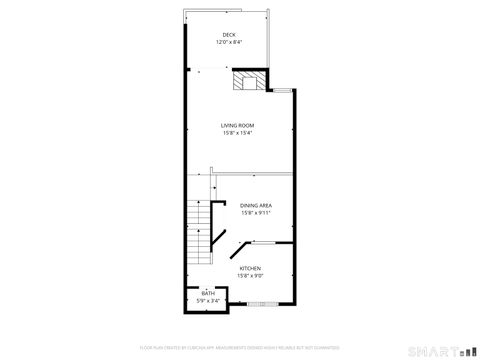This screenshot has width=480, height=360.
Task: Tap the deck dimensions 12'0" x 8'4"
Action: [229, 43]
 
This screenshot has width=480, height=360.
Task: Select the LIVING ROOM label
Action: [237, 125]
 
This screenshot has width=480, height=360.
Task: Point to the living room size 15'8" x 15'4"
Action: [237, 132]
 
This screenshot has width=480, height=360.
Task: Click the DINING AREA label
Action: [256, 205]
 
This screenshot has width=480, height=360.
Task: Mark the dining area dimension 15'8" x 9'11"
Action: [256, 212]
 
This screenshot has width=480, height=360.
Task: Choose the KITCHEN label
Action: [250, 268]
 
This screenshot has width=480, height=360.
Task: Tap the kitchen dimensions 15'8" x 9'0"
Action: [250, 275]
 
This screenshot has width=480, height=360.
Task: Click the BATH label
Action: [208, 293]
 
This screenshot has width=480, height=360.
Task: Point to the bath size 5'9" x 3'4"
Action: [208, 300]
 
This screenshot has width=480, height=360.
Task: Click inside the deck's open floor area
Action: [229, 55]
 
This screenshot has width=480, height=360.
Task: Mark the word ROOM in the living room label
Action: [247, 125]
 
